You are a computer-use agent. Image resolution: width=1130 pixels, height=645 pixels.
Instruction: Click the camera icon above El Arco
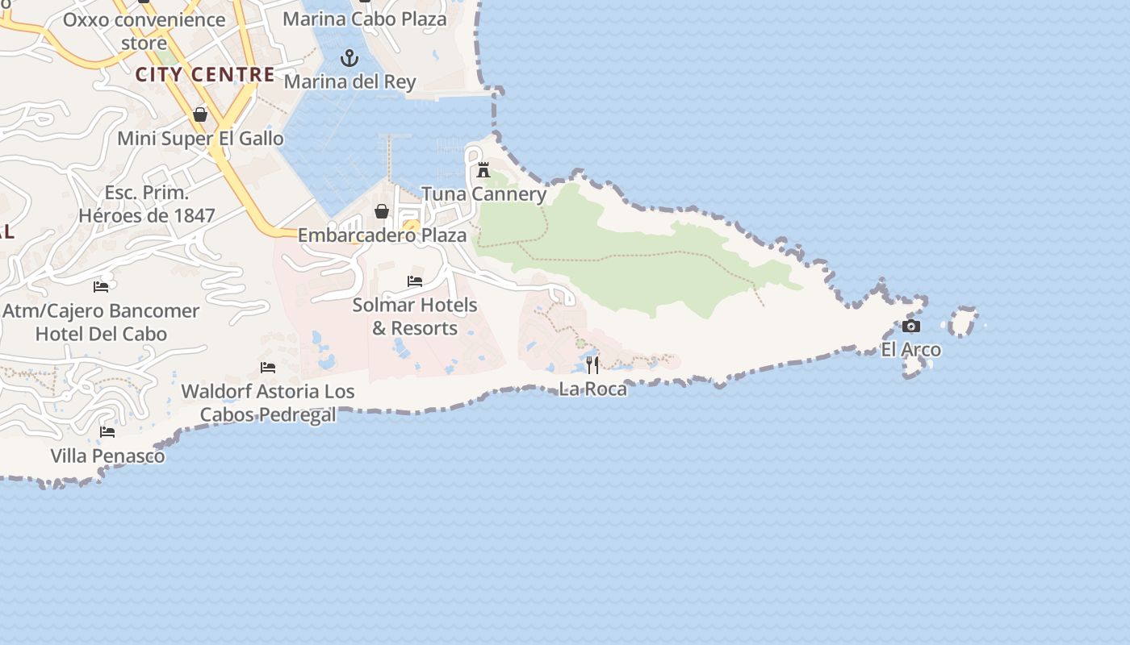tap(911, 327)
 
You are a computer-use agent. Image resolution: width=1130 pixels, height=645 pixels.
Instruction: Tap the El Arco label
tap(910, 350)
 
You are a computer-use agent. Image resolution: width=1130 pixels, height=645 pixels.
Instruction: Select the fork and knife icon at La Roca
tap(592, 365)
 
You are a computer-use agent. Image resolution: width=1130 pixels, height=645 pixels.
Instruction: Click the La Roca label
tap(592, 389)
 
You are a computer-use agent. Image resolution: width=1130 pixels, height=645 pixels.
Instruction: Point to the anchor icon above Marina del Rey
tap(349, 58)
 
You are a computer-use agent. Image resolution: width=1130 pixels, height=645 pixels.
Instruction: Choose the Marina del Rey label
tap(349, 81)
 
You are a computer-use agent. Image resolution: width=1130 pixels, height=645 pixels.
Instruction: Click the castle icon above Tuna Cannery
tap(483, 170)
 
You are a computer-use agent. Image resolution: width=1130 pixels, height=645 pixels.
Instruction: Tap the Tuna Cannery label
tap(483, 193)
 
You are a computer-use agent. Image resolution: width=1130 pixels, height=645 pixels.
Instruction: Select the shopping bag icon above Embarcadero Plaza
tap(382, 211)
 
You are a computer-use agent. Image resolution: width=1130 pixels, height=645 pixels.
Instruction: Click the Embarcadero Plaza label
tap(382, 235)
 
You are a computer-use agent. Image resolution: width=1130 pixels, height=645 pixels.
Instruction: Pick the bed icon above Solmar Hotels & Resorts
tap(415, 281)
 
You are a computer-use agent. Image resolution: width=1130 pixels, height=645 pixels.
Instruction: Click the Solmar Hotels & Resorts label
tap(415, 317)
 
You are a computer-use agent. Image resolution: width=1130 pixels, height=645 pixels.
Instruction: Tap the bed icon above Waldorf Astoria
tap(268, 368)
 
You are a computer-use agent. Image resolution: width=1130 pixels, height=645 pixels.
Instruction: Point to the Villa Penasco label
tap(107, 456)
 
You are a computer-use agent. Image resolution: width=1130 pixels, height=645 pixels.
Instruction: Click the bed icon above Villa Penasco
tap(107, 432)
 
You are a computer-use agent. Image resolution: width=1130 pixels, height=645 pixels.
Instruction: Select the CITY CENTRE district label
tap(205, 75)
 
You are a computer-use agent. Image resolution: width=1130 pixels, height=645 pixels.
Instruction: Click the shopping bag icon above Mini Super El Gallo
tap(200, 115)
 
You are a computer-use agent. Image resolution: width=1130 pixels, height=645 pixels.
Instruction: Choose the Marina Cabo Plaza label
tap(364, 19)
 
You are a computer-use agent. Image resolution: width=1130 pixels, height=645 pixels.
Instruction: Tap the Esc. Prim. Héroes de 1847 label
tap(147, 204)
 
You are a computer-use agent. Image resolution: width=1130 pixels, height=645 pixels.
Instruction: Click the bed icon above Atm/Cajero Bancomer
tap(101, 286)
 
